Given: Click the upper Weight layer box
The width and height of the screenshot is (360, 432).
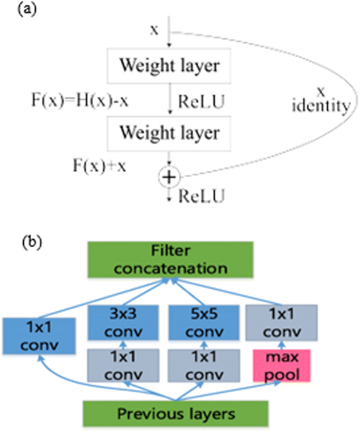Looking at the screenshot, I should [x=169, y=66].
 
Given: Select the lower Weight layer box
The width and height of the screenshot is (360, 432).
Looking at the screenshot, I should [x=169, y=133].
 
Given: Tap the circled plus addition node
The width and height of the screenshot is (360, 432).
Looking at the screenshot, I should [x=169, y=177].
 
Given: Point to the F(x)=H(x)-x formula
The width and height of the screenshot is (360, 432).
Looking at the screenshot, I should [x=80, y=101].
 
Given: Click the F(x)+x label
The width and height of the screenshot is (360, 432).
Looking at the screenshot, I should [x=100, y=166].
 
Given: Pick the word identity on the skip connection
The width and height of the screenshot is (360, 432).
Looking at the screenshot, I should [x=321, y=106].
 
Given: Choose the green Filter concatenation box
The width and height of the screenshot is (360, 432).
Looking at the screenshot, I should [x=170, y=260].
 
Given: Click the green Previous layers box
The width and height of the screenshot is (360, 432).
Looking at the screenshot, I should [x=175, y=413].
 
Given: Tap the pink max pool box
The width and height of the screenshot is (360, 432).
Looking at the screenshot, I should [x=282, y=366].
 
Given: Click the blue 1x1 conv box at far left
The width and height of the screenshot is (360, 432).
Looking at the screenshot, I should [x=39, y=336].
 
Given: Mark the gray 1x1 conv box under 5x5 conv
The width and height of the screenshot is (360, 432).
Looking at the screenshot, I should [x=204, y=366].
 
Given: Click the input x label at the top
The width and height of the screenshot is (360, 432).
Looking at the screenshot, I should [x=154, y=30].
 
